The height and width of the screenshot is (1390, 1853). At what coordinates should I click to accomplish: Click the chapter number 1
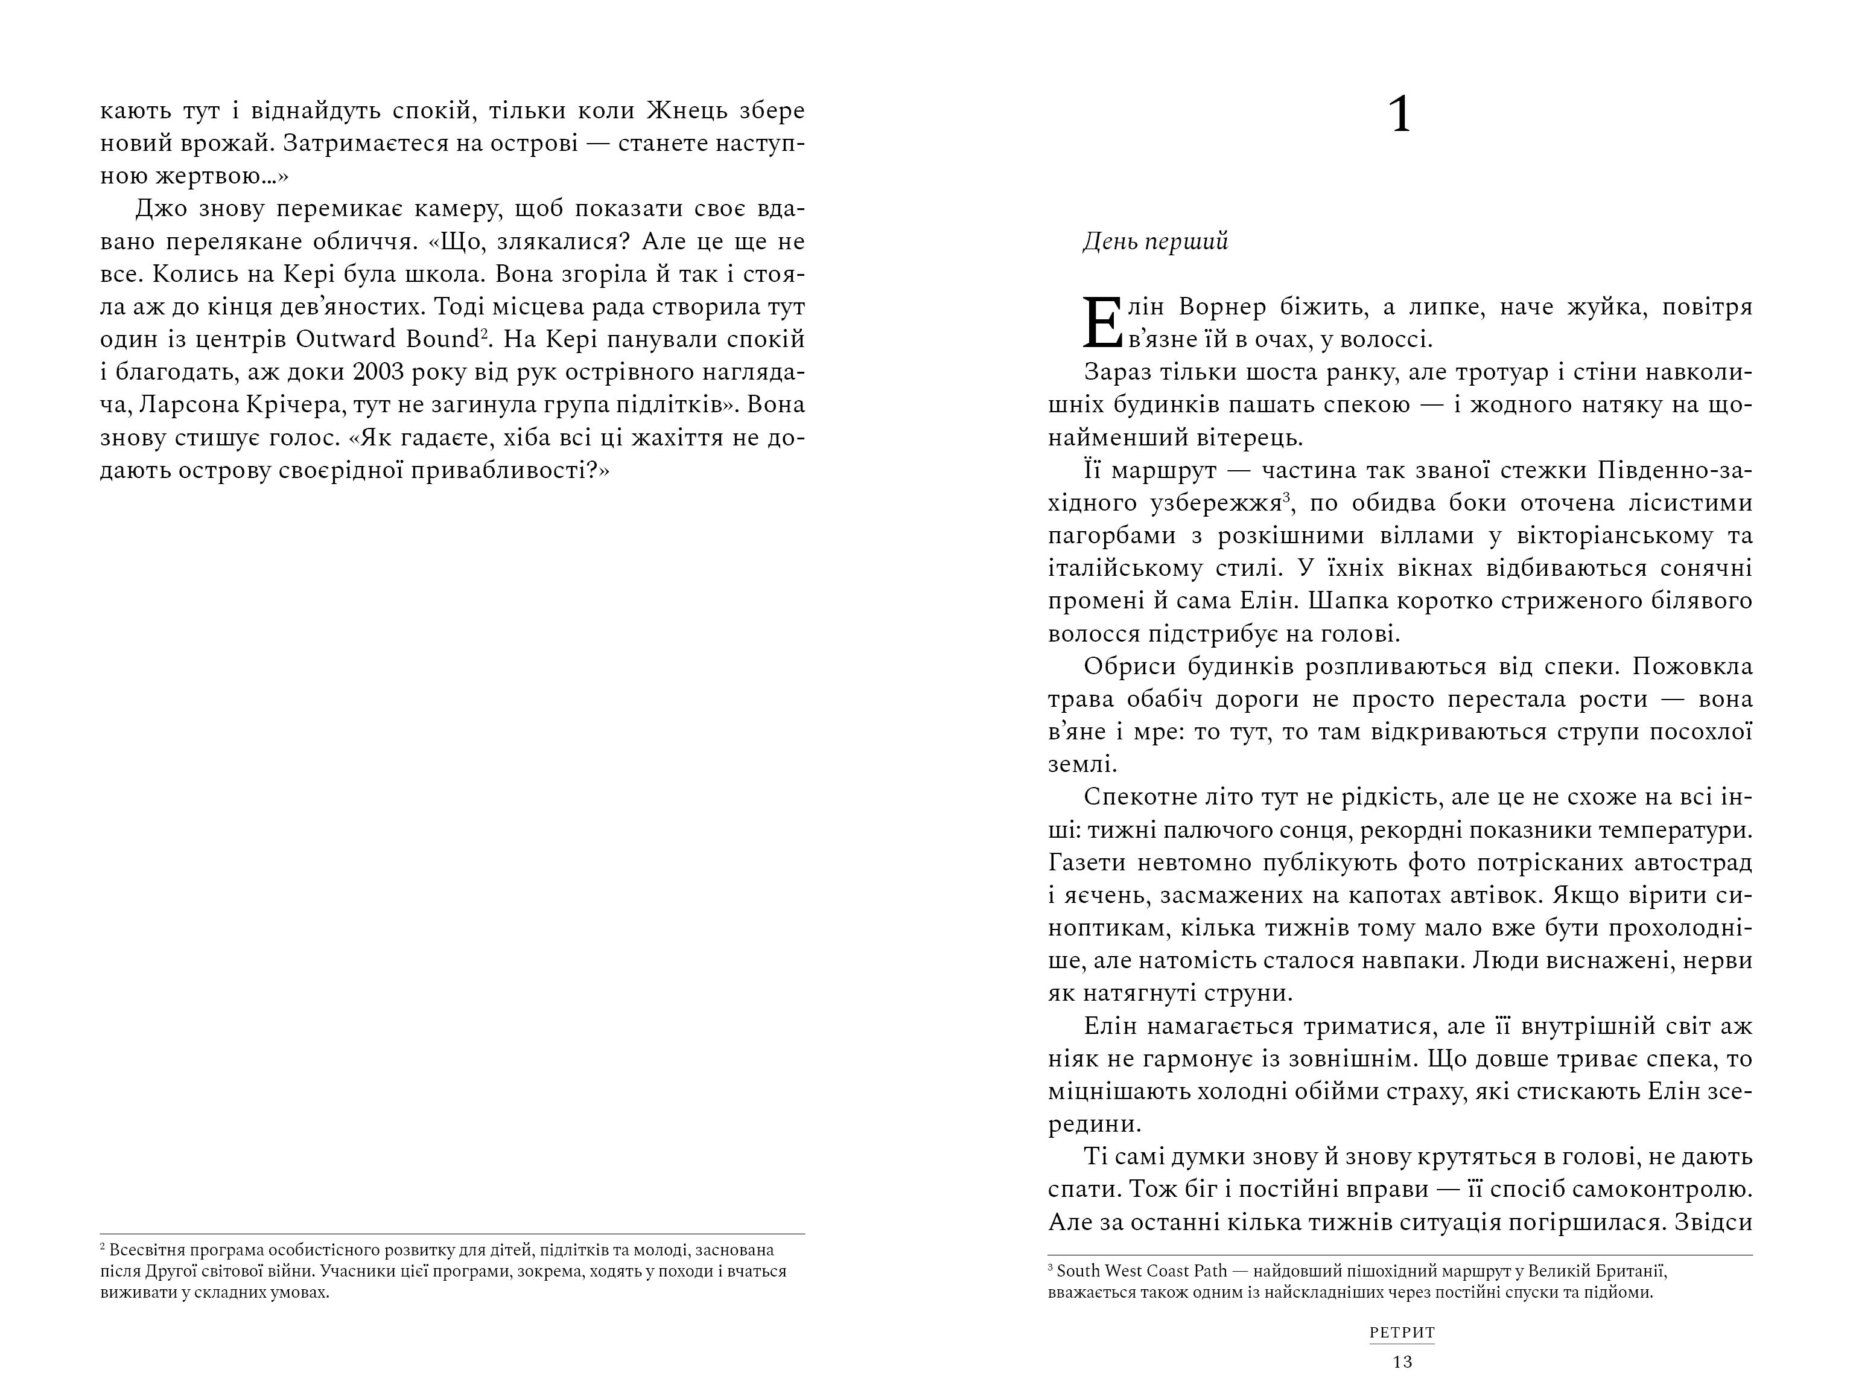click(1400, 116)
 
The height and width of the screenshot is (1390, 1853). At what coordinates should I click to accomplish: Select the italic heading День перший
click(1155, 241)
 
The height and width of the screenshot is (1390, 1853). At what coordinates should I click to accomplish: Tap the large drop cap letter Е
click(1102, 322)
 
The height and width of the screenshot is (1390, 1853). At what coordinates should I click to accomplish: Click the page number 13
click(1402, 1362)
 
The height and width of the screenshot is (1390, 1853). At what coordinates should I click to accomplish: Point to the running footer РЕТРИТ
click(1402, 1332)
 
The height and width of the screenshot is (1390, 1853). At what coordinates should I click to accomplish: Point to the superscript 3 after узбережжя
click(1286, 497)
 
